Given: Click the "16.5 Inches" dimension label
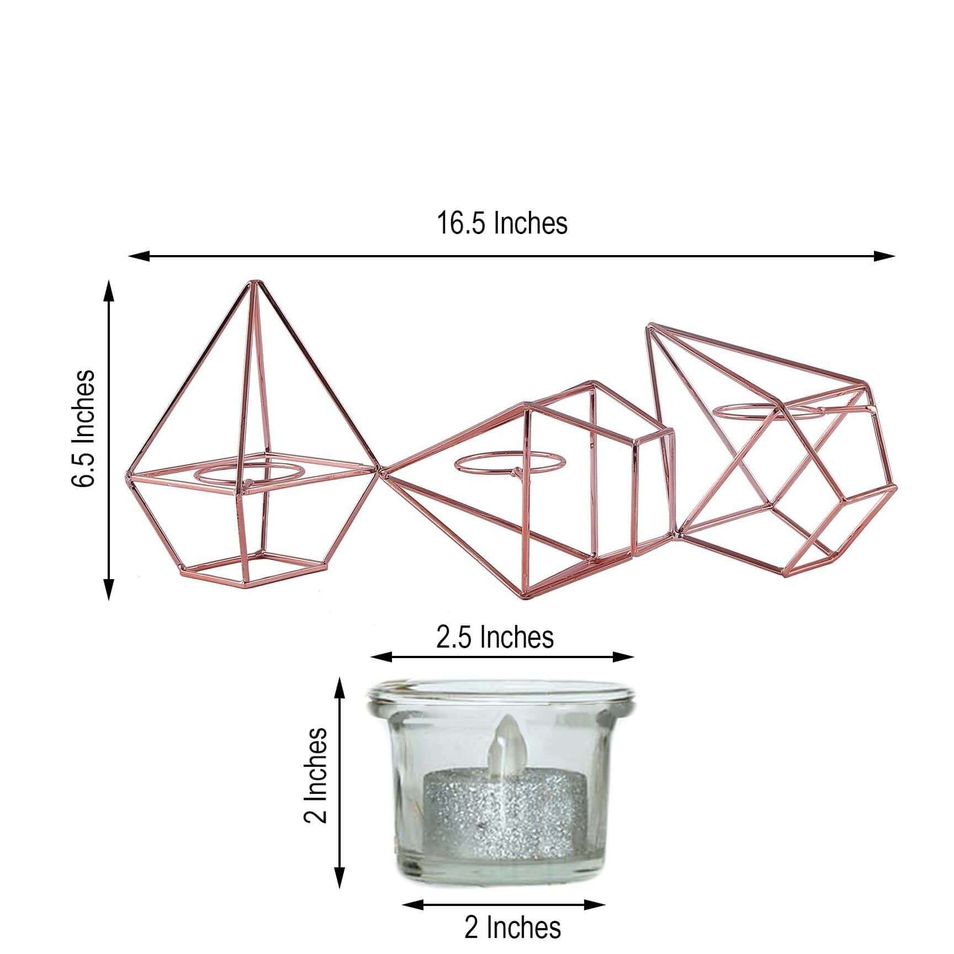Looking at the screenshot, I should click(502, 224).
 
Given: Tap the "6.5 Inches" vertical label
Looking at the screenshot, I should click(83, 428).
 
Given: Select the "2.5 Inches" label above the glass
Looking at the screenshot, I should click(495, 637).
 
